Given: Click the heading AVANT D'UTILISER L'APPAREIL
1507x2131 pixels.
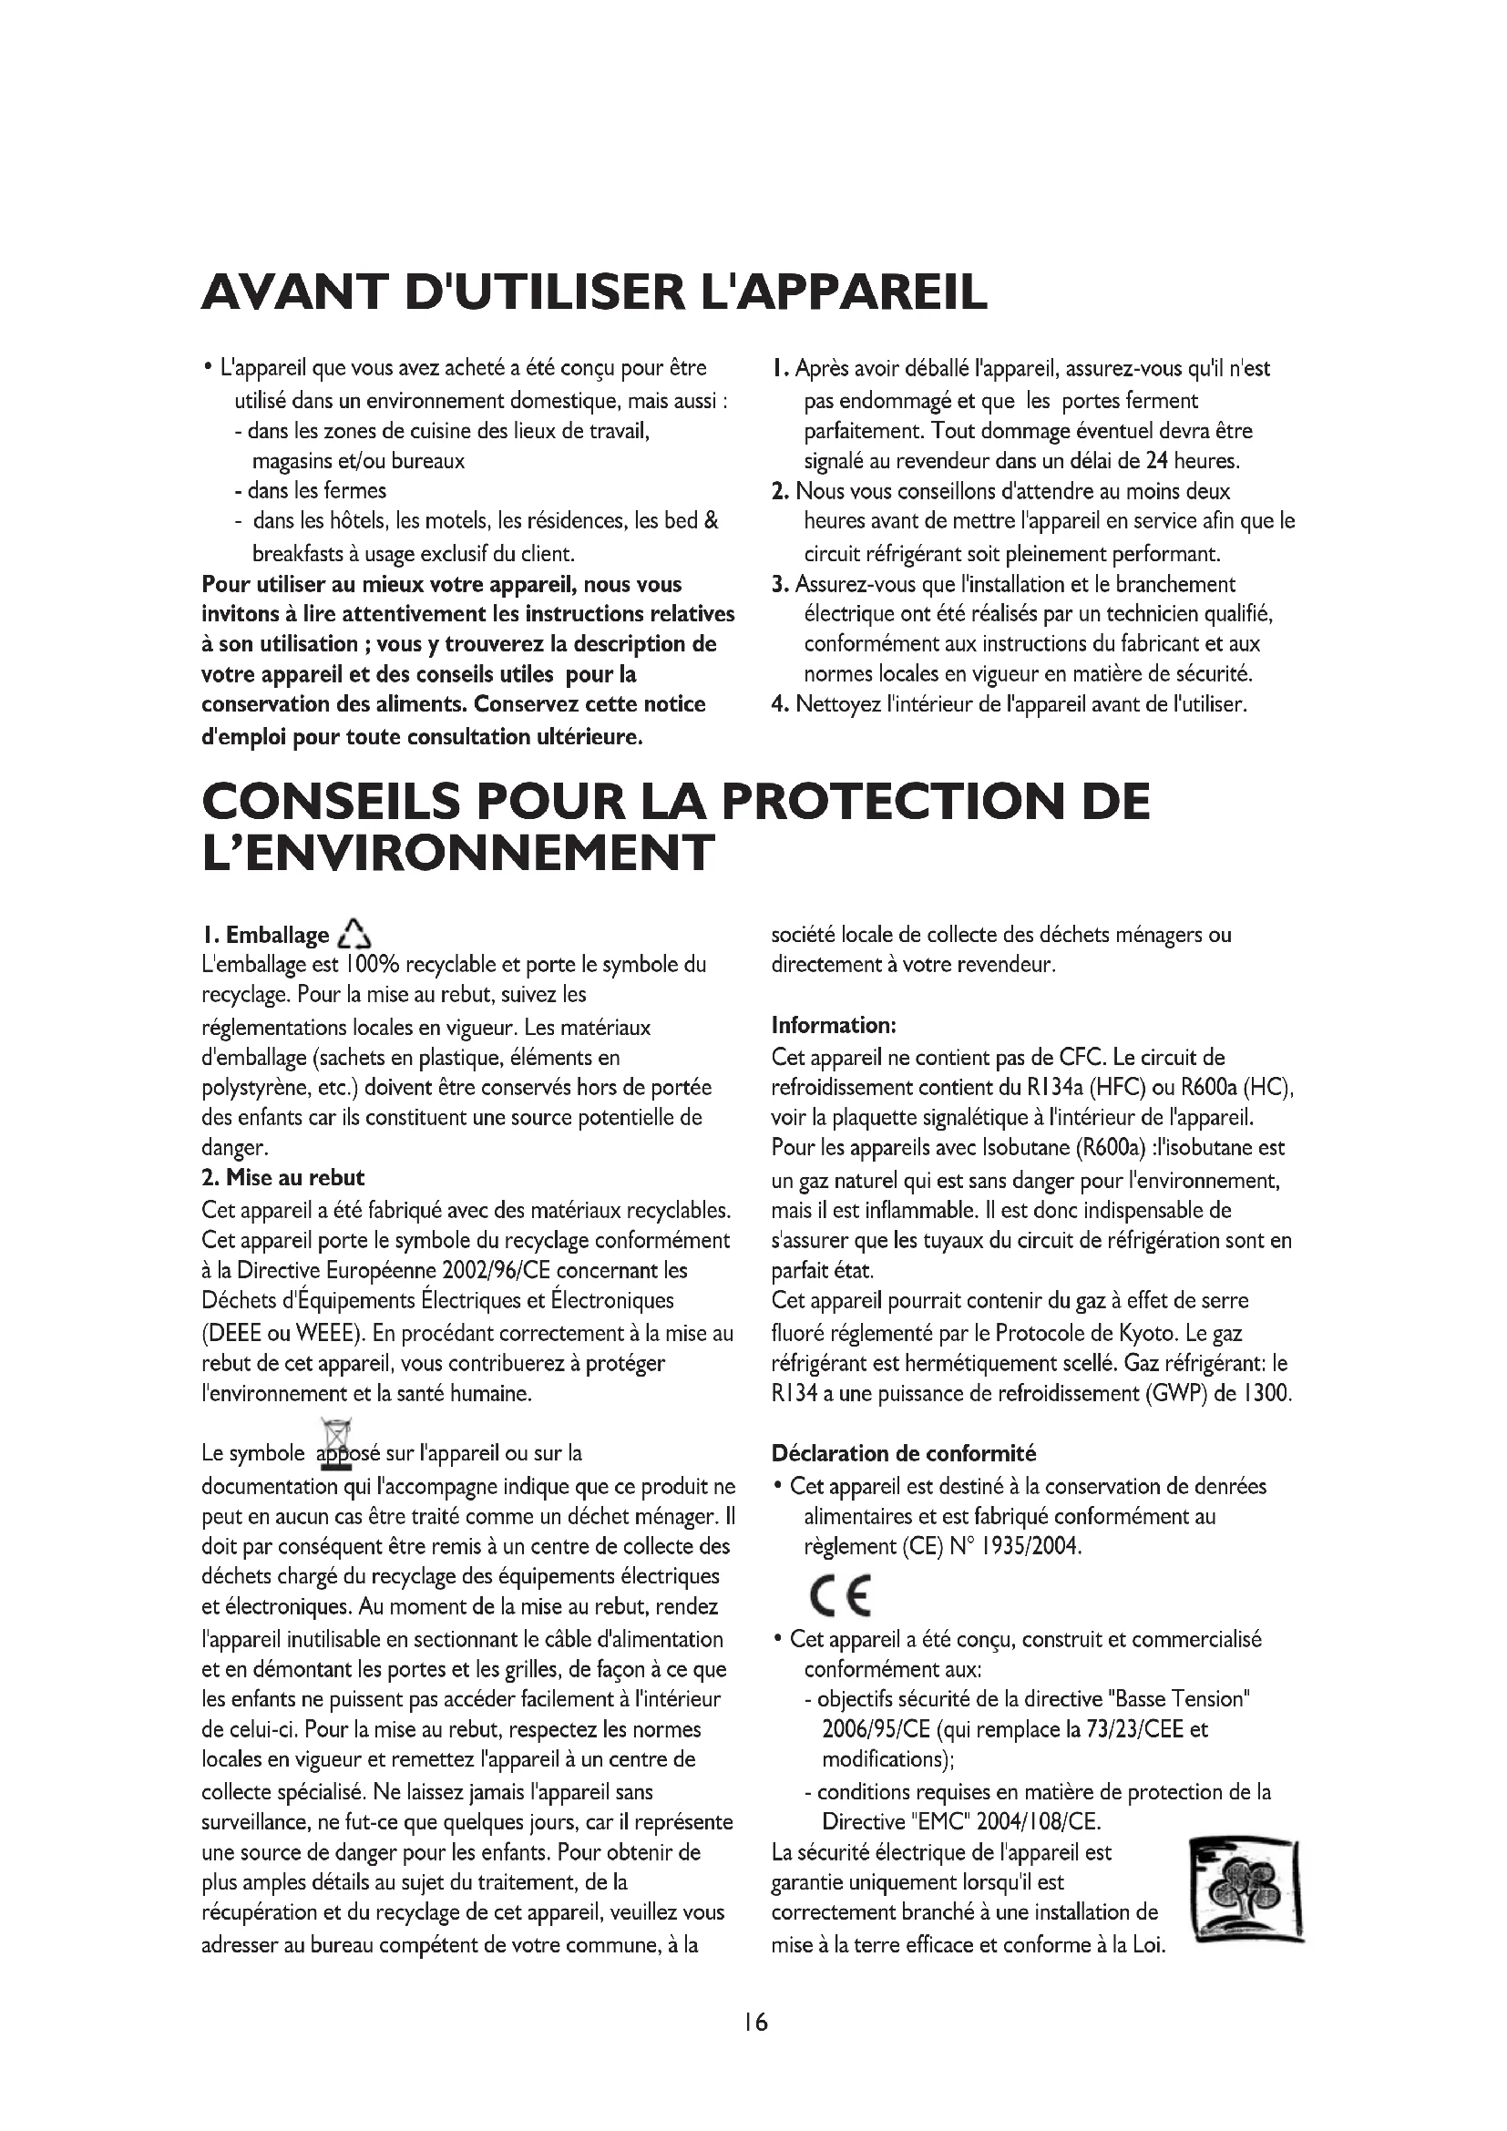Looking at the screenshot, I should (594, 292).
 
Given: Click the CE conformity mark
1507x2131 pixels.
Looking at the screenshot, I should (841, 1595).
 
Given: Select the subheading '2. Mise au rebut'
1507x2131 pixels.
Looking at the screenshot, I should (283, 1178).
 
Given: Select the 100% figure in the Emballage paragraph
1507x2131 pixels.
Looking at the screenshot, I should (371, 965).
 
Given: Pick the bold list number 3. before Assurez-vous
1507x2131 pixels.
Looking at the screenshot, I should (780, 585).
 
